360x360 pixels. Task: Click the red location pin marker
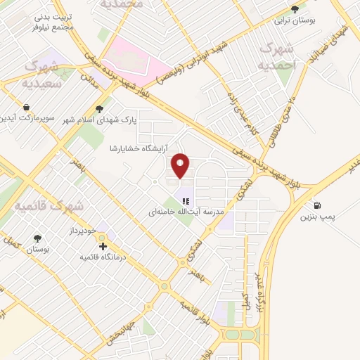click(x=181, y=164)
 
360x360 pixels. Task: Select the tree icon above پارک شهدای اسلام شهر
click(x=99, y=108)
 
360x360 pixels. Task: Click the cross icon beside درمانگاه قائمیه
click(x=103, y=247)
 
